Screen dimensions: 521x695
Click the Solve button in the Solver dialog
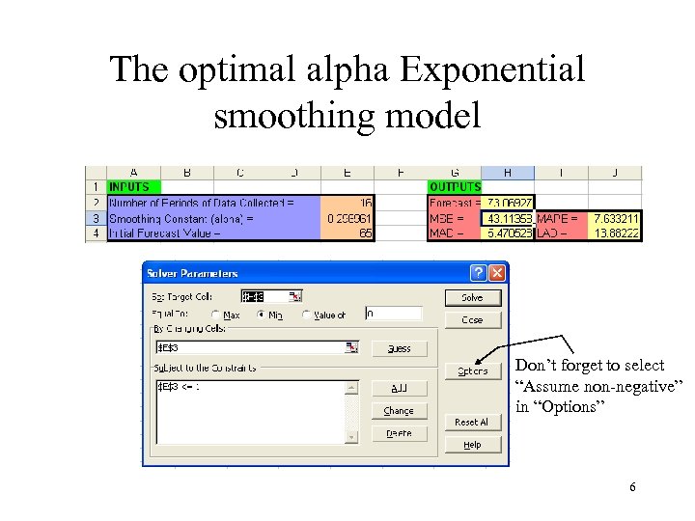(x=472, y=297)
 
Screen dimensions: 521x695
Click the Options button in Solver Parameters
(x=472, y=370)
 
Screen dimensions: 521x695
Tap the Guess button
(x=399, y=348)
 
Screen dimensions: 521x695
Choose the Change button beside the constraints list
(x=399, y=410)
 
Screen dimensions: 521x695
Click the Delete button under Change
(x=399, y=433)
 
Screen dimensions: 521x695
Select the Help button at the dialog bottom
(x=472, y=445)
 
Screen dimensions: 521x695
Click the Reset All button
(x=472, y=422)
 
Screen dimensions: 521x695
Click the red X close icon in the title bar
(x=497, y=273)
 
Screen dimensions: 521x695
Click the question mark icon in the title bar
(x=479, y=273)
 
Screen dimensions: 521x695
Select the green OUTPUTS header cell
(x=455, y=186)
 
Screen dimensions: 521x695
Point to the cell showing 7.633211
(x=614, y=219)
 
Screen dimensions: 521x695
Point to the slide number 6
(x=632, y=487)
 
